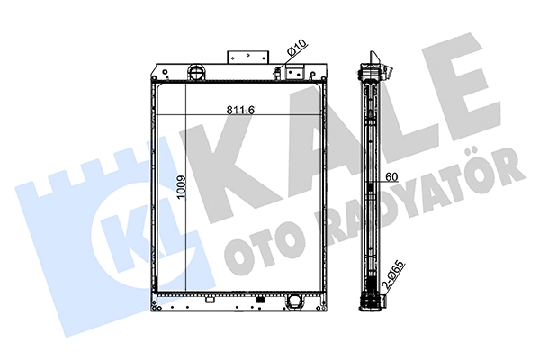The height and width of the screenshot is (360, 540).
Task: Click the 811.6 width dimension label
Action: click(240, 110)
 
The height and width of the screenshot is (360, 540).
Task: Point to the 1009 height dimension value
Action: click(182, 188)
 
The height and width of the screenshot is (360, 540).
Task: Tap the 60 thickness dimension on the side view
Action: click(391, 176)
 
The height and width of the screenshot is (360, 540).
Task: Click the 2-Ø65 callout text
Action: click(393, 274)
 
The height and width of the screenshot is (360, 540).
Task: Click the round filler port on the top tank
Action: click(196, 72)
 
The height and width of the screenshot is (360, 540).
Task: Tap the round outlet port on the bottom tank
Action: click(293, 301)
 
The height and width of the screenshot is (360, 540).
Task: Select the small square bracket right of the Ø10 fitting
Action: click(295, 72)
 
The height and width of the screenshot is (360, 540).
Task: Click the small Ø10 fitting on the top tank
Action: click(277, 71)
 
